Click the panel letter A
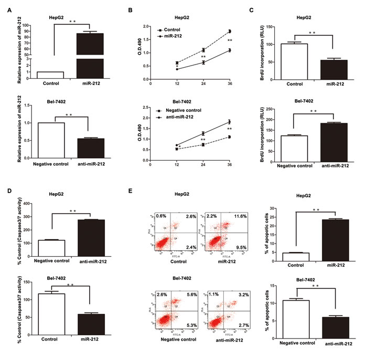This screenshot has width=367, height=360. [4, 6]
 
